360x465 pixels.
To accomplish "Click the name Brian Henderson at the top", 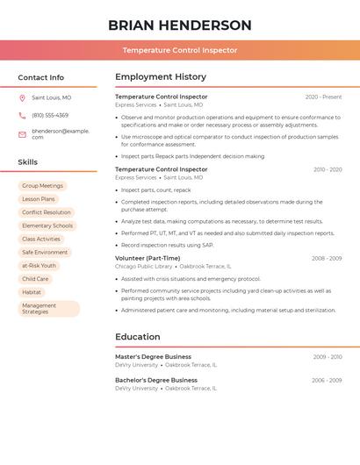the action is tap(180, 25).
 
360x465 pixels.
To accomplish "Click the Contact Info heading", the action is tap(41, 77).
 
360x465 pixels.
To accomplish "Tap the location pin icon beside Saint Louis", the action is tap(22, 98).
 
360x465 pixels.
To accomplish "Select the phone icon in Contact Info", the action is tap(22, 115).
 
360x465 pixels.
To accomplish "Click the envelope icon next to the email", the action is tap(22, 134).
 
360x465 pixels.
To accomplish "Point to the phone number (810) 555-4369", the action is tap(50, 115).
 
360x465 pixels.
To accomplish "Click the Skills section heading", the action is tap(28, 162).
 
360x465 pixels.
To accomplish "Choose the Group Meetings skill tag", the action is tap(42, 186).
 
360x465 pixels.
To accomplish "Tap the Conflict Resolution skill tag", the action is tap(47, 212).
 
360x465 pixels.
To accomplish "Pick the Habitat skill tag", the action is tap(32, 292).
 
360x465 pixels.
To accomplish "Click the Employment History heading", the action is tap(161, 77).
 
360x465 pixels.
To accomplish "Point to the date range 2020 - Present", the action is tap(323, 97).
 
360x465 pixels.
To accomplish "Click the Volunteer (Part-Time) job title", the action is tap(148, 258).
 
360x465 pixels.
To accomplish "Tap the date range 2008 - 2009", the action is tap(327, 258).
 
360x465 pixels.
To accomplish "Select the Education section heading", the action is tap(138, 337).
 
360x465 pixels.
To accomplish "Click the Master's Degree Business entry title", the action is tap(153, 357).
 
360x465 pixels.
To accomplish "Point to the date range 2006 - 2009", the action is tap(327, 380).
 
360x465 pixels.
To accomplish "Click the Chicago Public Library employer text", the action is tap(143, 266).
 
